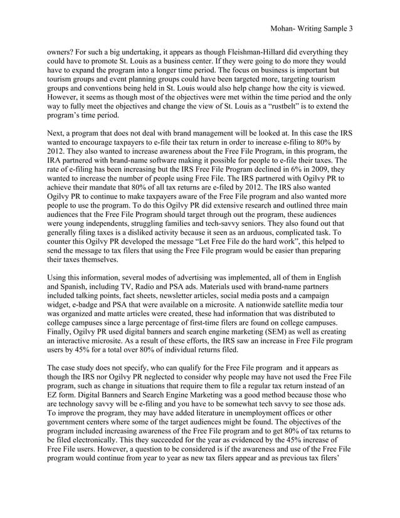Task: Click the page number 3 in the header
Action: (350, 29)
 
